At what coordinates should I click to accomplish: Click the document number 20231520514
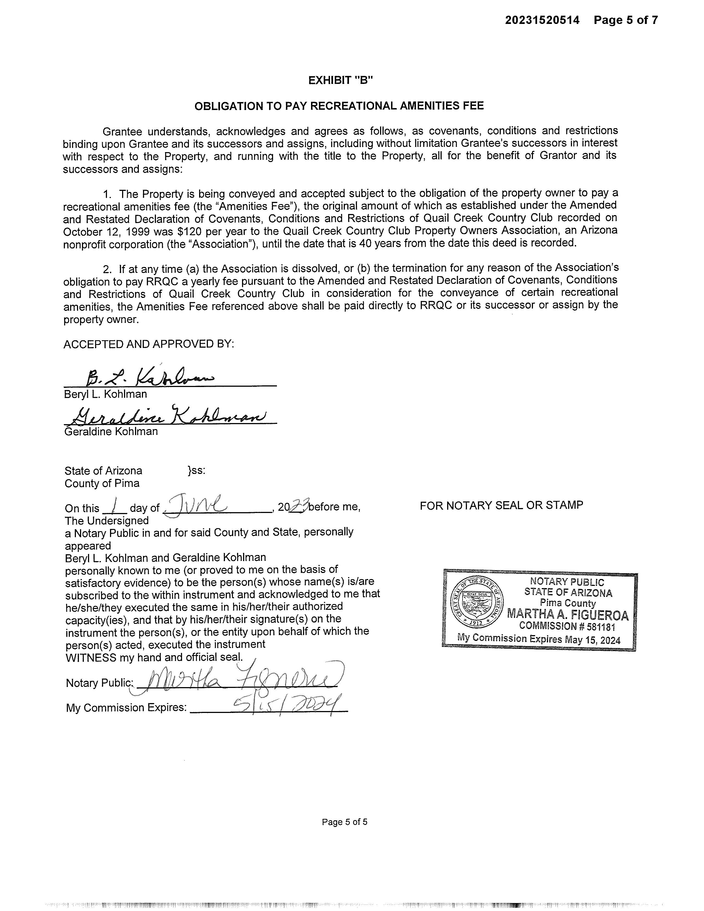coord(542,20)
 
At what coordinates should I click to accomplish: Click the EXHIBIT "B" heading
coord(340,81)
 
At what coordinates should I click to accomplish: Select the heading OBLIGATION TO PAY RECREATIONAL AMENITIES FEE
coord(339,106)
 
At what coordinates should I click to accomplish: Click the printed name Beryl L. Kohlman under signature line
coord(105,394)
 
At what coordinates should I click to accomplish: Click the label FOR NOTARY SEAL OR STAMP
coord(501,505)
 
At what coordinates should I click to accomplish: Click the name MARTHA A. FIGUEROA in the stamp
coord(568,614)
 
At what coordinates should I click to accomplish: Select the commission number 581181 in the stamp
coord(601,627)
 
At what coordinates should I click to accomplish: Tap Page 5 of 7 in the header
coord(626,20)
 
